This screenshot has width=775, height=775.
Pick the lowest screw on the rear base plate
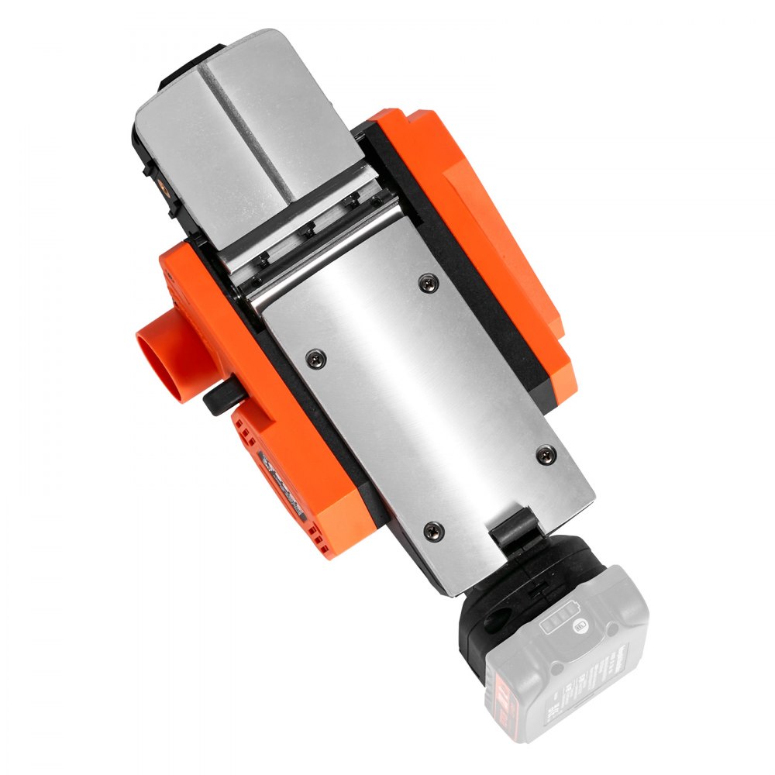pyautogui.click(x=433, y=529)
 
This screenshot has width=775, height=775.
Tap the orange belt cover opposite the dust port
pyautogui.click(x=496, y=232)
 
